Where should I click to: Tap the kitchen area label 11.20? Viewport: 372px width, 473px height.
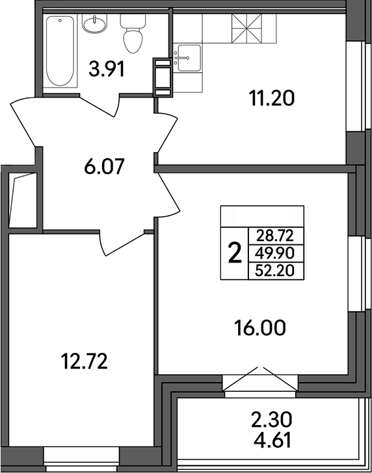click(272, 99)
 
